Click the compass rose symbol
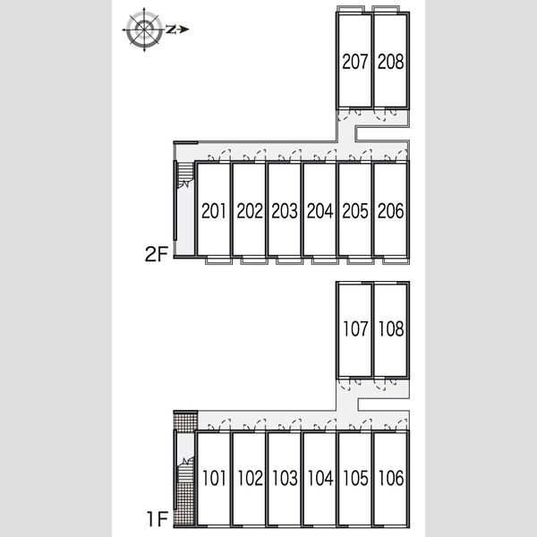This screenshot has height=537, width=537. tap(144, 30)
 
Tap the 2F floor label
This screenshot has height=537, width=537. tap(157, 254)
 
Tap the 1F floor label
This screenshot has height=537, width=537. tap(158, 518)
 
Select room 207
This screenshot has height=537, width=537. tap(354, 62)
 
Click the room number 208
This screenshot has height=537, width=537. tap(391, 62)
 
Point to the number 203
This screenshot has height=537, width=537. tap(285, 210)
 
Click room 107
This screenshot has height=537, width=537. tap(355, 328)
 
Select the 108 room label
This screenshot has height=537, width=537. tap(391, 328)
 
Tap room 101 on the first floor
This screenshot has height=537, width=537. tap(214, 478)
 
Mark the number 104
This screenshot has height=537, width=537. tap(320, 478)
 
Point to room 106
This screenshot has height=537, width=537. tap(391, 478)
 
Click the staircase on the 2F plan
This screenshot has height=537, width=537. tap(185, 175)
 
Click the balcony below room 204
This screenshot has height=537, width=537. tap(325, 260)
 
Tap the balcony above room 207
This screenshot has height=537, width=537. tap(351, 9)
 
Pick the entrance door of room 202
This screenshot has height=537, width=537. tap(254, 156)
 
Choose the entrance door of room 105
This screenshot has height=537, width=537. tap(361, 424)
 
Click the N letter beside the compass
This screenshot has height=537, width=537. tap(171, 30)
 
